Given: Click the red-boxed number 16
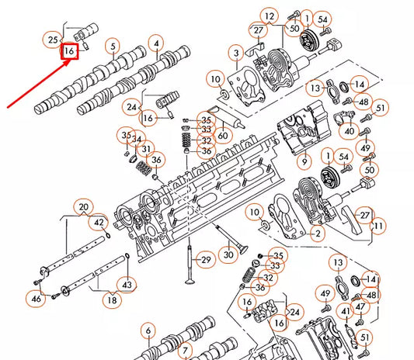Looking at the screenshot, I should coord(70,51).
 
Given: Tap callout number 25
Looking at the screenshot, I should coord(53,39).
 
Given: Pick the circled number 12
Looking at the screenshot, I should coord(269,16).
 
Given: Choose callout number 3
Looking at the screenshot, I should coord(235,53).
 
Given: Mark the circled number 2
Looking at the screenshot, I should coord(317,233).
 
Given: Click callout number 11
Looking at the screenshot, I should coord(378,226).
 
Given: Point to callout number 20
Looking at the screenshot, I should coord(83,206).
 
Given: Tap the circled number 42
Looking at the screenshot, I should coord(99,223).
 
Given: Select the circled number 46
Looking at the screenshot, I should coord(36,299).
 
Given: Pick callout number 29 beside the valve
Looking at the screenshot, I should coord(206,259).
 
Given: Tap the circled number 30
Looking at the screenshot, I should coord(227,254).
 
